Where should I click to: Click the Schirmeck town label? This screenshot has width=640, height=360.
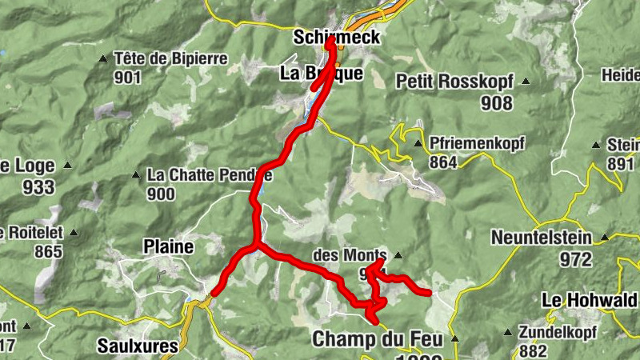coord(336,37)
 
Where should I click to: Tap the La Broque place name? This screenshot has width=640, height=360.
coord(322,74)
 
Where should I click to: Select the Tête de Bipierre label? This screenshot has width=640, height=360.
coord(171,58)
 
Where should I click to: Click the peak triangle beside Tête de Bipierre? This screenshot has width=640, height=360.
coord(103,58)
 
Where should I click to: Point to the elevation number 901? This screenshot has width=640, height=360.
coord(127,78)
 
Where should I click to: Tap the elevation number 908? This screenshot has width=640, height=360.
coord(497,102)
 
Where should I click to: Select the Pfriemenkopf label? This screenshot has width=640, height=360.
coord(477,144)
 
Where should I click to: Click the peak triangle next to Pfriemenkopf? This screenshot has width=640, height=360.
coord(418,144)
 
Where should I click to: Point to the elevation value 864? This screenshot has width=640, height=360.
coord(442,163)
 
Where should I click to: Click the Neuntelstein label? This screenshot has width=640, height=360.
coord(542,238)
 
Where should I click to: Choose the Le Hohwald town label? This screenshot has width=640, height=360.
coord(590,300)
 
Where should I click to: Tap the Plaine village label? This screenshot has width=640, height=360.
coord(168,246)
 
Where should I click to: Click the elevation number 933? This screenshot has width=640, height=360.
coord(38,187)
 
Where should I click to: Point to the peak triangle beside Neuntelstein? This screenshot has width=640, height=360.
coord(606,237)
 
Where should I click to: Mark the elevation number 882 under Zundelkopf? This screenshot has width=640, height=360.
coord(533,350)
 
